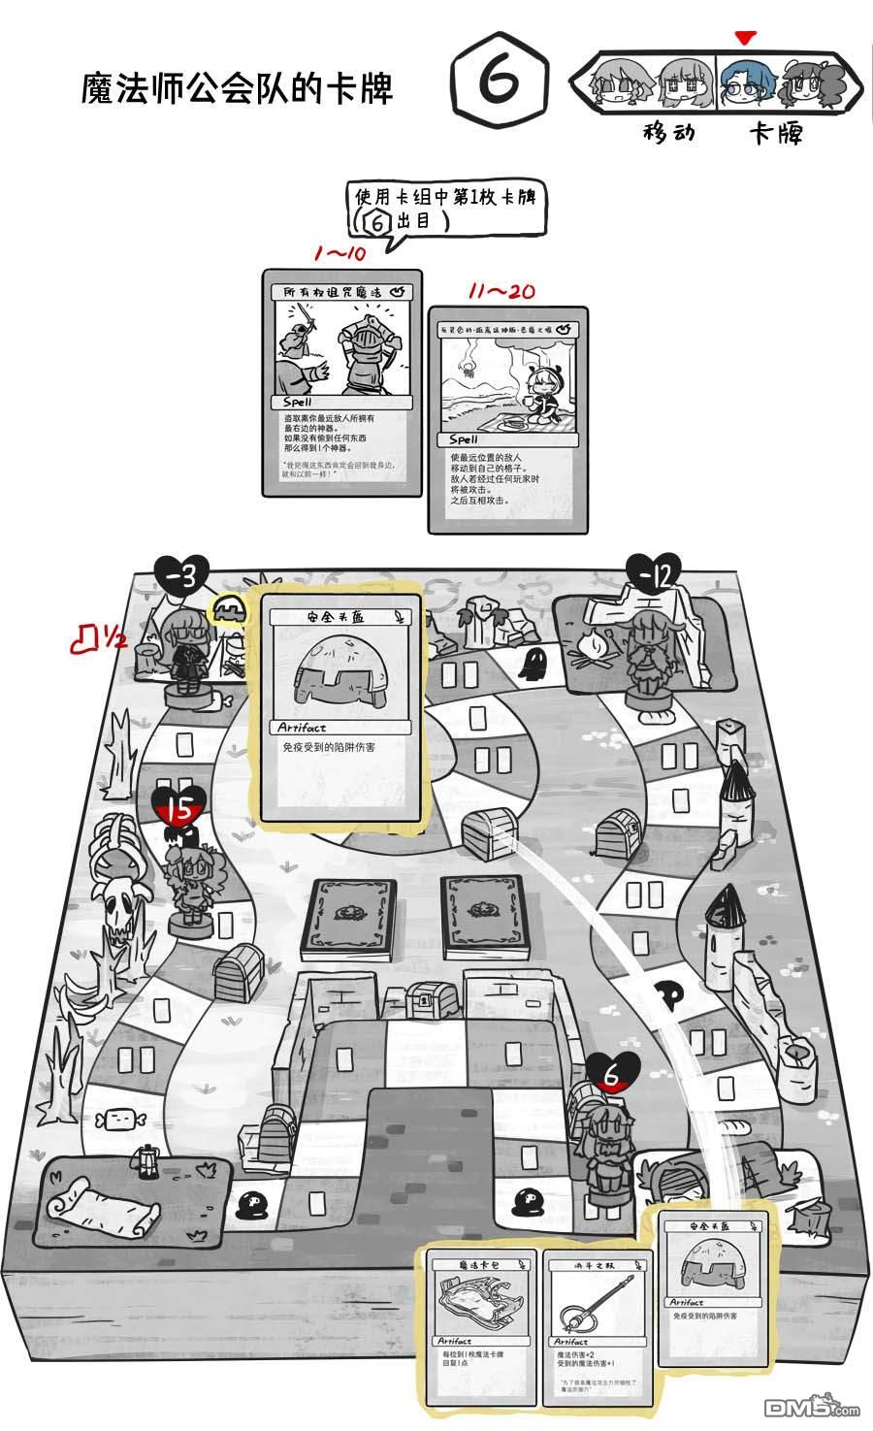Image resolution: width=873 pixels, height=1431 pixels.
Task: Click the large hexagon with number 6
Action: pos(499,86)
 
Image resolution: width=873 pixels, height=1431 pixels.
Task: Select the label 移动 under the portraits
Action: pos(668,132)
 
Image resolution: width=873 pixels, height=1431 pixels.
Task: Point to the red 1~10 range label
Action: pos(339,254)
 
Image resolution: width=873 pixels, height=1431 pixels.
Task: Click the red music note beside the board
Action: pos(89,636)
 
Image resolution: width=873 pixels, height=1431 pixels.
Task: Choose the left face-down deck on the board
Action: pos(347,915)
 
